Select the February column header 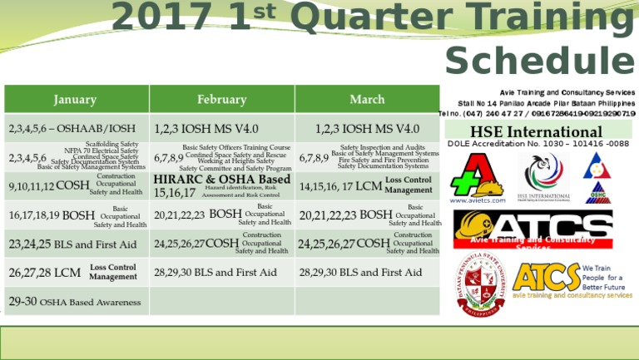pyautogui.click(x=221, y=100)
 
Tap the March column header pyautogui.click(x=367, y=100)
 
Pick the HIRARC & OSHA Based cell pyautogui.click(x=222, y=185)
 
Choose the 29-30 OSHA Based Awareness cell pyautogui.click(x=75, y=302)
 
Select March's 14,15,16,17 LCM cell pyautogui.click(x=366, y=186)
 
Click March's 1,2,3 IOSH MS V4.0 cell pyautogui.click(x=367, y=129)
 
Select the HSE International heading pyautogui.click(x=536, y=132)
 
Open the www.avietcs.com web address pyautogui.click(x=478, y=200)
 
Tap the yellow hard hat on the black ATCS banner pyautogui.click(x=473, y=225)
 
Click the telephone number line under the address pyautogui.click(x=537, y=113)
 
